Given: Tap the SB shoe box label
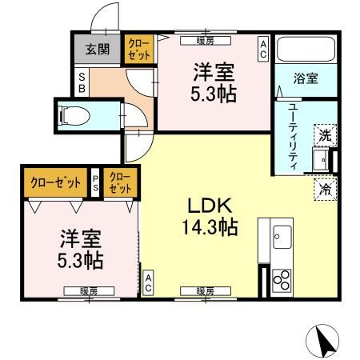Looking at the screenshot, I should (82, 80).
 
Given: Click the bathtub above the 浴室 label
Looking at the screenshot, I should (302, 50).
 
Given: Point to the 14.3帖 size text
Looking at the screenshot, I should (208, 228).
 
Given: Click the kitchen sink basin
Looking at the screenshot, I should (282, 235).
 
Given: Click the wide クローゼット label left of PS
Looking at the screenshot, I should (56, 182).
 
